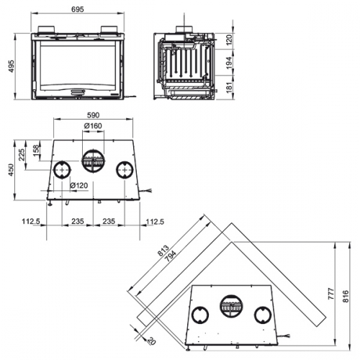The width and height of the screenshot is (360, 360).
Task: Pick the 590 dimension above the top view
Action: (92, 115)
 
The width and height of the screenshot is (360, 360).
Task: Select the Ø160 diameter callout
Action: (92, 127)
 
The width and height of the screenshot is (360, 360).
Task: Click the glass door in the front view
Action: (80, 65)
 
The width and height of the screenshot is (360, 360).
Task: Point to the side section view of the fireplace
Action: (185, 66)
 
